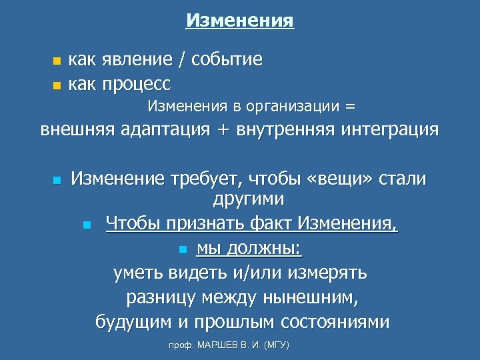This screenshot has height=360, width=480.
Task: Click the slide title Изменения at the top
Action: (240, 21)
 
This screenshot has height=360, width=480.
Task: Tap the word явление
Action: (139, 60)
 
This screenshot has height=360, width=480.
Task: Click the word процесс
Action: (137, 85)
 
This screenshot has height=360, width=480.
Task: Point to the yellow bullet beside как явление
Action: (57, 61)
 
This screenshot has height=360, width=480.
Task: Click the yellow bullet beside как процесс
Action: (57, 85)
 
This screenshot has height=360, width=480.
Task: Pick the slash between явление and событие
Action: (181, 60)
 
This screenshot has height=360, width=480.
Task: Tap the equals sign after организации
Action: (350, 106)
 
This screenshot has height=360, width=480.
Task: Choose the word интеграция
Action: (389, 129)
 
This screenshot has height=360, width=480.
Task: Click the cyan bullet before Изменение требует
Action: (57, 180)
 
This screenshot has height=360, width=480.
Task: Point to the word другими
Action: (248, 199)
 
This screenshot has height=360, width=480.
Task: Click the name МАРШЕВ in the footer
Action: (220, 346)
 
